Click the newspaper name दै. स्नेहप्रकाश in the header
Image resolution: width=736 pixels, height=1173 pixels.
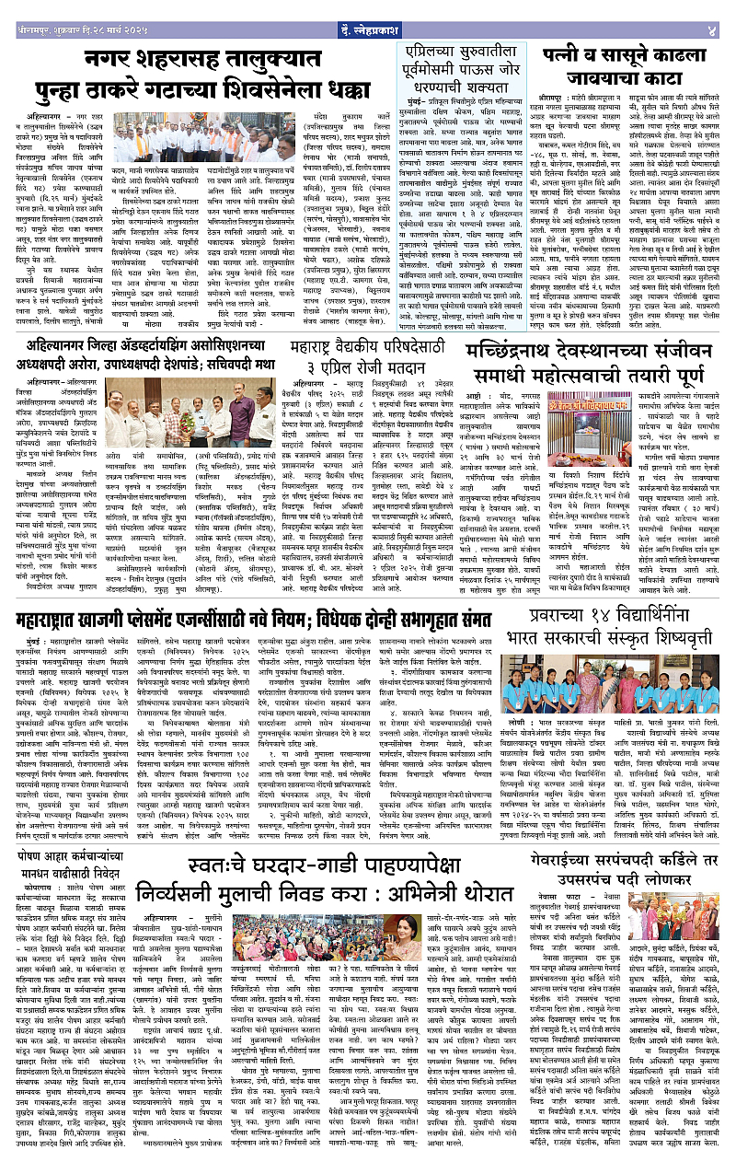pyautogui.click(x=368, y=10)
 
